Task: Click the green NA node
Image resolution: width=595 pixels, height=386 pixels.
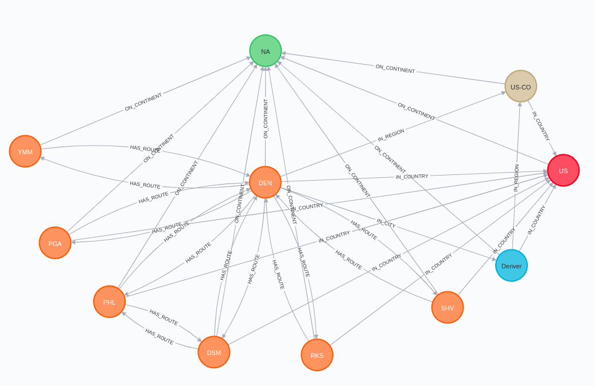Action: (266, 51)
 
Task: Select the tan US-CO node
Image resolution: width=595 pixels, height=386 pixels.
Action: (520, 87)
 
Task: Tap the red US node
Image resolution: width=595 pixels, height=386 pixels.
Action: (563, 170)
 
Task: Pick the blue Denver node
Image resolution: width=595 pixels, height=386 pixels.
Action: (511, 266)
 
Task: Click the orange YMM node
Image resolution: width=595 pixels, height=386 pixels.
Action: (25, 151)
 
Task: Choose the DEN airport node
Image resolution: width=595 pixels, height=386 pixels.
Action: (265, 182)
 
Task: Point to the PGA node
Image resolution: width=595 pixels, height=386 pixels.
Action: (55, 243)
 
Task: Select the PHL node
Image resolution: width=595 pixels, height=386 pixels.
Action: (109, 302)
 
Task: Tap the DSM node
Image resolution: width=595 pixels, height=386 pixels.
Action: (214, 352)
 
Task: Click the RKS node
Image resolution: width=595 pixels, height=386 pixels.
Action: (317, 355)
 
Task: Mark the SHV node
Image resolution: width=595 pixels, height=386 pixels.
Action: (448, 307)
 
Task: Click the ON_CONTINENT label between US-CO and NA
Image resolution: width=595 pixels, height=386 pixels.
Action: (395, 69)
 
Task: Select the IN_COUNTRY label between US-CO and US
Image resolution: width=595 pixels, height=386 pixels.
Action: (540, 126)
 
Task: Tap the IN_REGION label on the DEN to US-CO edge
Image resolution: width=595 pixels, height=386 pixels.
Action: (391, 135)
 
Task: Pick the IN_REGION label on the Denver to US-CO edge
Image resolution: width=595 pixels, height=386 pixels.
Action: (516, 178)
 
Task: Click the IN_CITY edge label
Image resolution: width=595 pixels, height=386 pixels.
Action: (386, 223)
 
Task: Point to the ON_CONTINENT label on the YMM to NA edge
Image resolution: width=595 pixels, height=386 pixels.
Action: (143, 102)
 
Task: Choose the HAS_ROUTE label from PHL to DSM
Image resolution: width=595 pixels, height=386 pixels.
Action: (164, 317)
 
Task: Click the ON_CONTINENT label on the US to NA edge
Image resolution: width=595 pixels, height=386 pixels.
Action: (417, 111)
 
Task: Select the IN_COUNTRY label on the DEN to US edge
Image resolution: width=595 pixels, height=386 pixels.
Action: (412, 177)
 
